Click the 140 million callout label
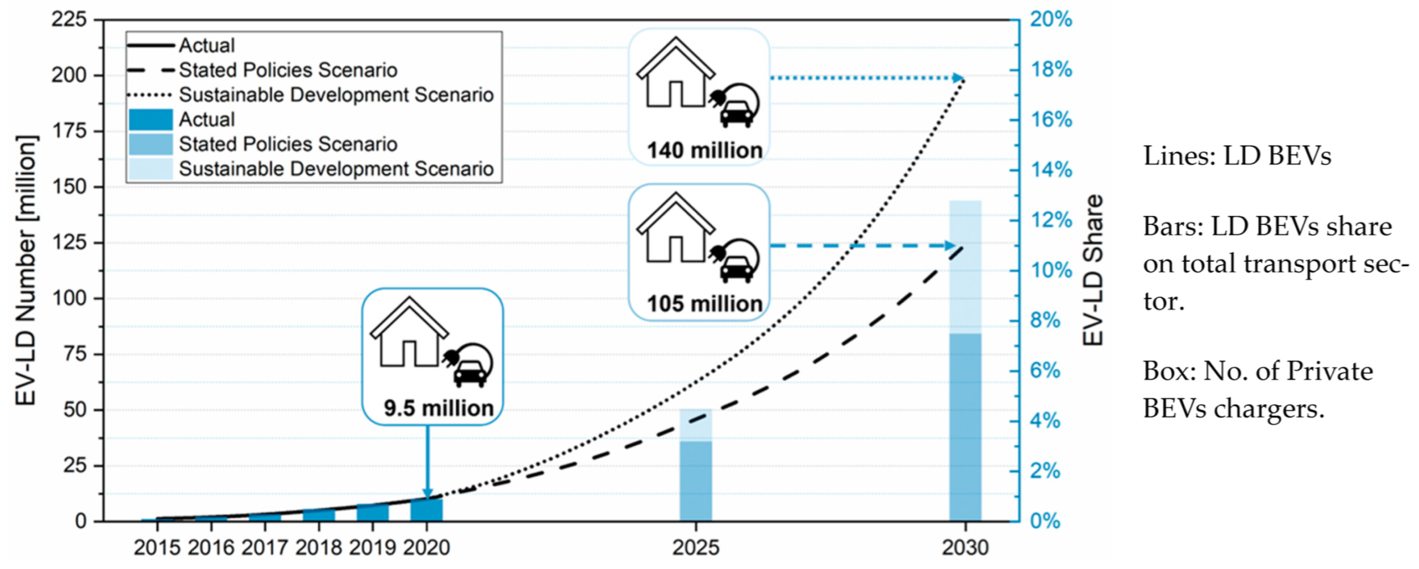coord(704,150)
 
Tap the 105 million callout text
coord(704,304)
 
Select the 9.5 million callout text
coord(439,408)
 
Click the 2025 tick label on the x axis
coord(695,548)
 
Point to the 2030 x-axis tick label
coord(965,548)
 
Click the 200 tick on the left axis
coord(69,75)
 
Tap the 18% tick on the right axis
coord(1051,70)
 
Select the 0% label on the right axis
coord(1045,521)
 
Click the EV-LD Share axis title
coord(1092,270)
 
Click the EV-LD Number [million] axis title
coord(26,270)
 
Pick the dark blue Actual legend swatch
coord(151,120)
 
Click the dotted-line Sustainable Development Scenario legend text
coord(336,95)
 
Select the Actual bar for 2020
coord(427,509)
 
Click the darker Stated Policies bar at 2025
coord(695,480)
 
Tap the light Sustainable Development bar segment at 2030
coord(965,267)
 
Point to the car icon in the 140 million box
coord(737,114)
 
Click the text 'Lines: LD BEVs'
coord(1237,156)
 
